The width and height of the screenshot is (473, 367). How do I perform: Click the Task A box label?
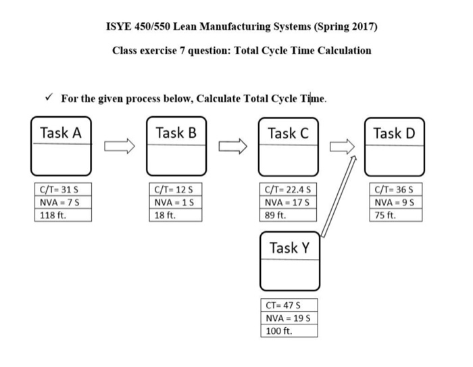[x=61, y=132]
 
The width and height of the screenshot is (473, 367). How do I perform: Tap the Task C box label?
[x=288, y=132]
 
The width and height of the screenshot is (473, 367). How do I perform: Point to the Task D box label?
[x=394, y=132]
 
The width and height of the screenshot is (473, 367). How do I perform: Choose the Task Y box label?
[x=289, y=248]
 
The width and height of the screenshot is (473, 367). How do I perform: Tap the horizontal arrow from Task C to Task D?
[x=342, y=145]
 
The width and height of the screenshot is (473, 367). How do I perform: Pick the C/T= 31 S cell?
[x=63, y=190]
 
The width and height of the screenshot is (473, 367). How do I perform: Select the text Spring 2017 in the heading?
[x=344, y=27]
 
